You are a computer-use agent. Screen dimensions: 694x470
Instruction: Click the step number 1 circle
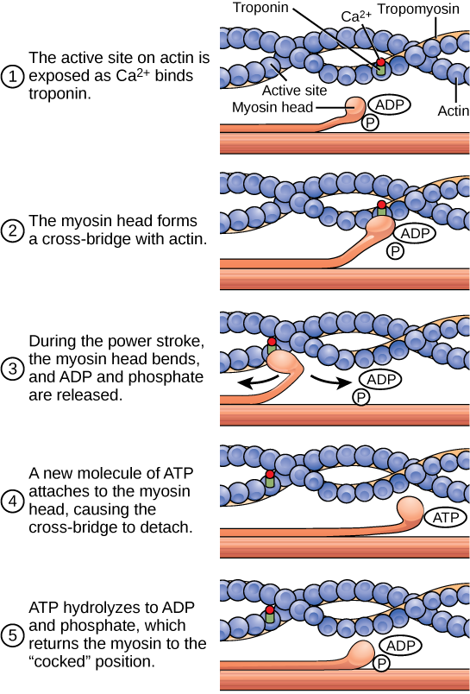point(12,77)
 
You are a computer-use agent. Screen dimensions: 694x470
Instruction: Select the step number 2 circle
point(12,230)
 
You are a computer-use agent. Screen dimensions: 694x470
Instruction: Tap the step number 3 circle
point(12,369)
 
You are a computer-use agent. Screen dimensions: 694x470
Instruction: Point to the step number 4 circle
point(12,501)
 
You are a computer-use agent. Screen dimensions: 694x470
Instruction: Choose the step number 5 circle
point(12,635)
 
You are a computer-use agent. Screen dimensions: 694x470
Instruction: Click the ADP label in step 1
point(388,104)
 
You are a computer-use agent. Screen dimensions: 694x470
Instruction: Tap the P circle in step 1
point(370,123)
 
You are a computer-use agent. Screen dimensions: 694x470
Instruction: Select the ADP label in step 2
point(414,233)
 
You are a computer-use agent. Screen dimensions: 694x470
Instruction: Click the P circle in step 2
point(395,251)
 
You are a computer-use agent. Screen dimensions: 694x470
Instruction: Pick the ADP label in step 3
point(379,380)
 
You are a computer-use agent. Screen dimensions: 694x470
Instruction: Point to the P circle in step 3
point(361,397)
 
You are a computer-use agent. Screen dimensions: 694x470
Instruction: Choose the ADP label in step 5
point(399,646)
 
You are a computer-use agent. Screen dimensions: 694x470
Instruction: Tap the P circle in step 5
point(380,663)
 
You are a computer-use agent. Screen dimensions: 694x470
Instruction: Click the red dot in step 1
point(380,63)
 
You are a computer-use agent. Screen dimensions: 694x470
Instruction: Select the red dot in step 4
point(269,475)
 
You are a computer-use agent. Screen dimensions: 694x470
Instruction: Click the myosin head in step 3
point(283,361)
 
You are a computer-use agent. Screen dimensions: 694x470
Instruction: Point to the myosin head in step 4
point(409,512)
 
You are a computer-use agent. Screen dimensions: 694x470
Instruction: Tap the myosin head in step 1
point(355,107)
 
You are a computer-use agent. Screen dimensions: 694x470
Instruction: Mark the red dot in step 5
point(269,610)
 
